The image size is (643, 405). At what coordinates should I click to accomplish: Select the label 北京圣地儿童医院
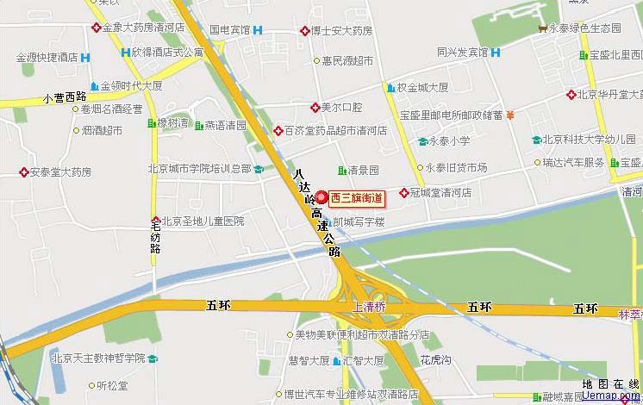coord(203,221)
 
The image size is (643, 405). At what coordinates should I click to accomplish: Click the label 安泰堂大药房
coord(60,171)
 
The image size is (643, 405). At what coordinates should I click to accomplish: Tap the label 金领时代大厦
coord(132,86)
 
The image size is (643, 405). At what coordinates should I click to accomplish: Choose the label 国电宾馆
coord(229,30)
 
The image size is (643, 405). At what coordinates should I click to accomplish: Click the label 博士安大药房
coord(341,31)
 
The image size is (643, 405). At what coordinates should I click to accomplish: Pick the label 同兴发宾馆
coord(462,52)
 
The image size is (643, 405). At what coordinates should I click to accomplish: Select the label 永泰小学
coord(450,140)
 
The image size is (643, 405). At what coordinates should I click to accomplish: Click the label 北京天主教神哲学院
coord(97,358)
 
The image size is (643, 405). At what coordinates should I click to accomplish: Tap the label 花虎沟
coord(435,360)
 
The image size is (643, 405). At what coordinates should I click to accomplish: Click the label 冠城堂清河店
coord(440,192)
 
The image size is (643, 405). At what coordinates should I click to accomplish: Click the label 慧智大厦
coord(309,360)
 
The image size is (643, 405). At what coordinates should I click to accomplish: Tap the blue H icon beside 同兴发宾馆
coord(496,52)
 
